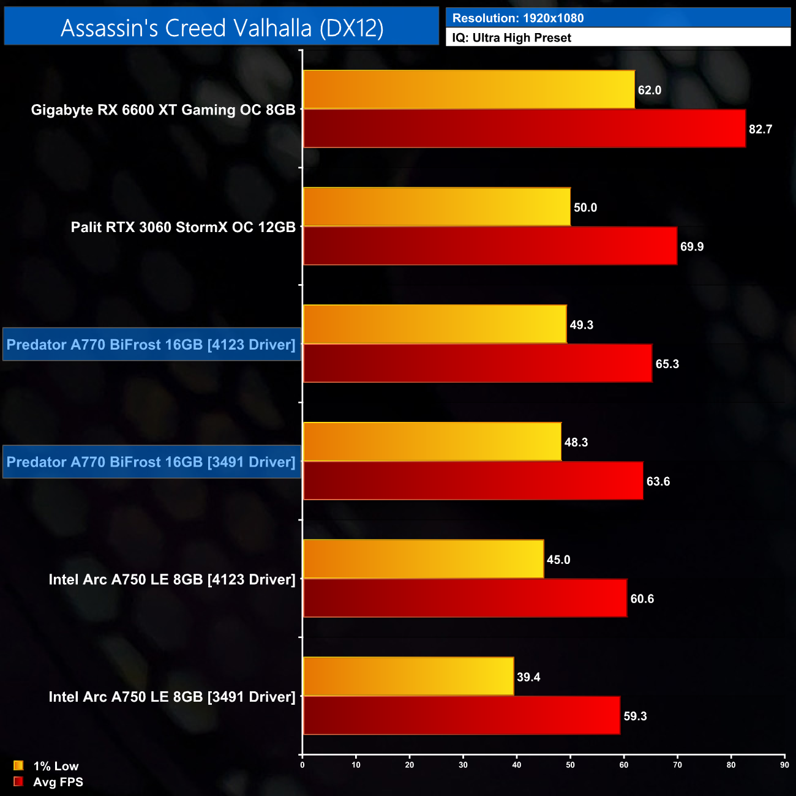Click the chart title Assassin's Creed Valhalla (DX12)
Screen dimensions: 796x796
tap(222, 28)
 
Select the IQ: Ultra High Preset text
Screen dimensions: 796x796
tap(511, 38)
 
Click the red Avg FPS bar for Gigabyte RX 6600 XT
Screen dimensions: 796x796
tap(524, 129)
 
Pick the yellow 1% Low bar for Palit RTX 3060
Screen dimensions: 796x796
tap(437, 207)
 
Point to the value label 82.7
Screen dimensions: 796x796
tap(760, 129)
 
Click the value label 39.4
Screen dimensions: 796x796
tap(528, 677)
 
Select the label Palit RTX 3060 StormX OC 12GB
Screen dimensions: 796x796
tap(183, 227)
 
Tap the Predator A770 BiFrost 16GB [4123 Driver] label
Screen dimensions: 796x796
tap(151, 345)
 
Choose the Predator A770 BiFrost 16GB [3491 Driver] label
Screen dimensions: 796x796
tap(151, 462)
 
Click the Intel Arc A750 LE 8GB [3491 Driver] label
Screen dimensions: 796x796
tap(172, 697)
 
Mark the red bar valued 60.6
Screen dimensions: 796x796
tap(465, 598)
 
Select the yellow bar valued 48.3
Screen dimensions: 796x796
tap(432, 441)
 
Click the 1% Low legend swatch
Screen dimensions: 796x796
tap(18, 765)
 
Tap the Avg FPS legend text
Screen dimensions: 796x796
tap(58, 782)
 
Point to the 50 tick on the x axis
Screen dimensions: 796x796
tap(570, 765)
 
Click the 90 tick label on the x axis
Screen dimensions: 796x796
tap(784, 765)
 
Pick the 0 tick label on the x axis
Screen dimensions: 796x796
tap(302, 765)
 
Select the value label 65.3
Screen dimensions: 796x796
tap(667, 364)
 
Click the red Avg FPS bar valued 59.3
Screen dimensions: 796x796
tap(462, 715)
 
